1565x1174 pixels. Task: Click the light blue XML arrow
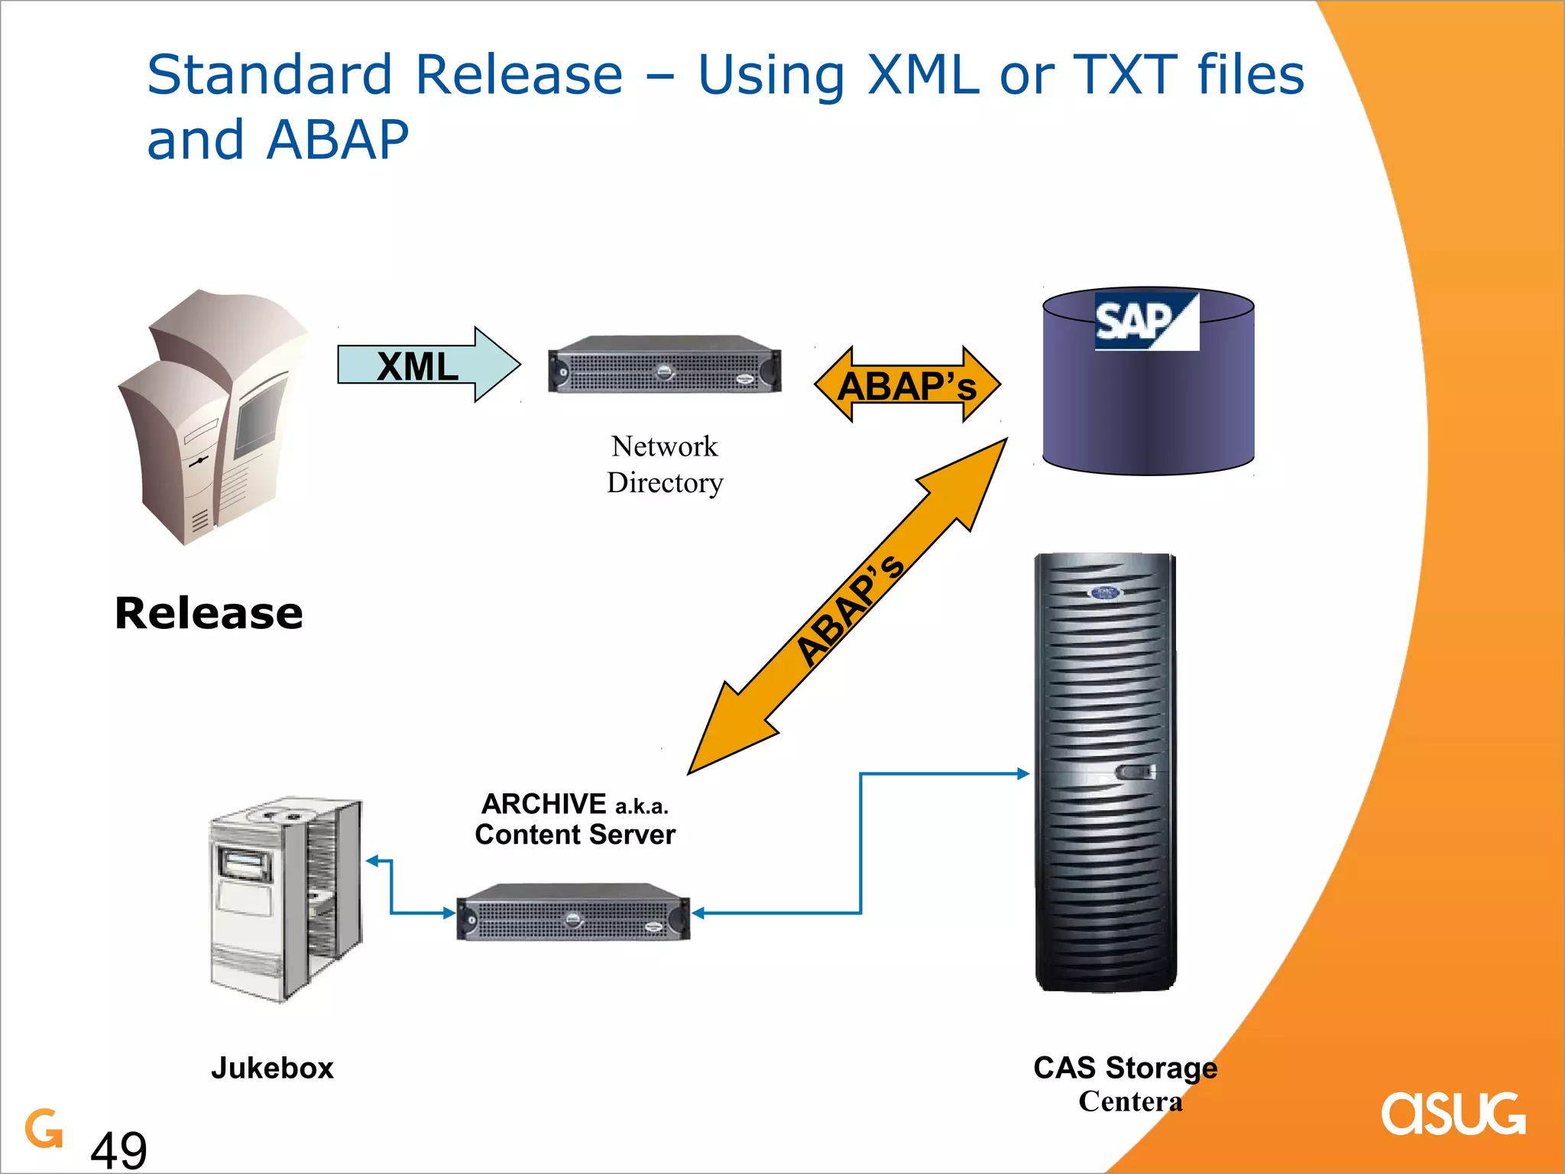click(428, 365)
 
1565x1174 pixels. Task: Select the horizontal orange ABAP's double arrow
click(907, 384)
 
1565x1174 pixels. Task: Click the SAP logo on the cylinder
click(1145, 321)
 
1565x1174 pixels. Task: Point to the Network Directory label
click(664, 464)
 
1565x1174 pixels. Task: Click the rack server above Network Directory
click(664, 365)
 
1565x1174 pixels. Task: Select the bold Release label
click(209, 613)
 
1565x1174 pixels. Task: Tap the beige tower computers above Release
click(210, 417)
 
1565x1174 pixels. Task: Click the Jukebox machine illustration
click(286, 898)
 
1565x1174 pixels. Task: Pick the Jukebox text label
click(272, 1068)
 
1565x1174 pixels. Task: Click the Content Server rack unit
click(573, 913)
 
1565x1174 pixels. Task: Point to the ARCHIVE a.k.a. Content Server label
click(575, 819)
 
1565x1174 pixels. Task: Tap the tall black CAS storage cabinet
click(1105, 772)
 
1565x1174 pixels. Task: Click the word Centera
click(1130, 1101)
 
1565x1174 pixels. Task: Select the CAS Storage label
click(1125, 1067)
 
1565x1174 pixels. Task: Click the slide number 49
click(118, 1149)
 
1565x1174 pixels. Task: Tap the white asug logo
click(1453, 1114)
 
